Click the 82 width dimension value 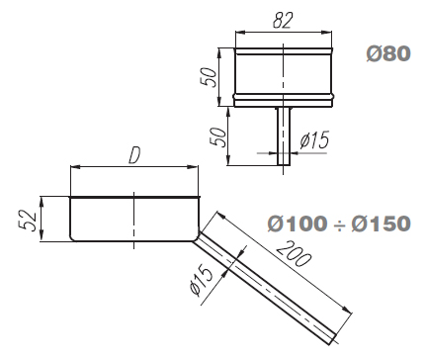coord(283,21)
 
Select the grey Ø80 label coord(388,53)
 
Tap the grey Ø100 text coord(297,224)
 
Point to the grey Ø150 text coord(381,224)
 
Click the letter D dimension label coord(134,155)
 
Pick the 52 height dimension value coord(28,221)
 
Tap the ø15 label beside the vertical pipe coord(314,139)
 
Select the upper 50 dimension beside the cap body coord(210,77)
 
